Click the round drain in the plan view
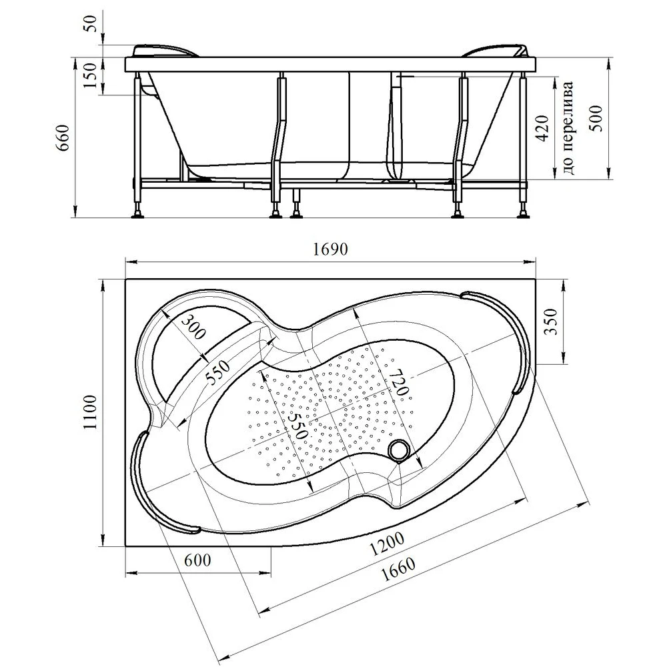click(401, 450)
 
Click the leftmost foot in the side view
click(138, 213)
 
